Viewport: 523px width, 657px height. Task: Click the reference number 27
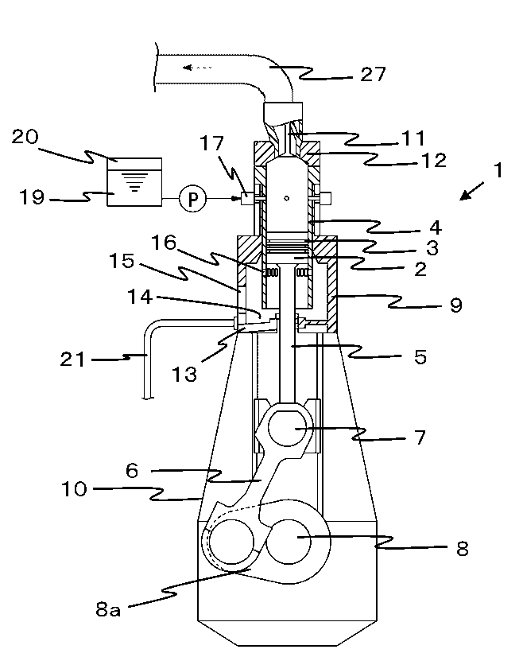pos(373,74)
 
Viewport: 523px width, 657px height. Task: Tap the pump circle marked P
pos(192,199)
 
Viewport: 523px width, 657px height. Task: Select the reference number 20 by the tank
pos(25,137)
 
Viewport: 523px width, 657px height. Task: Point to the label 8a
pos(108,609)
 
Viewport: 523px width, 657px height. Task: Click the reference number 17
pos(211,143)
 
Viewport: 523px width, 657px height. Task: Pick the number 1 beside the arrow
pos(498,170)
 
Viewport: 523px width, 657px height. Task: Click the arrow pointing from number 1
pos(471,191)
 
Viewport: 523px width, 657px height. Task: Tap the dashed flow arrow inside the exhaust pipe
pos(197,68)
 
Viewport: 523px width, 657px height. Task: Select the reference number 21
pos(72,360)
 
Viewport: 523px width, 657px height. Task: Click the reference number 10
pos(74,489)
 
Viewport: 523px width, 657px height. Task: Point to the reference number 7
pos(419,437)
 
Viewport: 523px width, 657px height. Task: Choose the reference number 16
pos(164,242)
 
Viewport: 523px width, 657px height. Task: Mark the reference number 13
pos(184,374)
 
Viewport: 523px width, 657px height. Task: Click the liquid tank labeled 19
pos(134,182)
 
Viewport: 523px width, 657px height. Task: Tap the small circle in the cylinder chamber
pos(286,198)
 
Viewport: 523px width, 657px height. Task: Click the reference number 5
pos(420,357)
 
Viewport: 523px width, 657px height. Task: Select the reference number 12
pos(434,161)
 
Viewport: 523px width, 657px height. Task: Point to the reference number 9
pos(456,305)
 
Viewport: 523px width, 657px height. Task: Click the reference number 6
pos(132,471)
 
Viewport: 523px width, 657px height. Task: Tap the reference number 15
pos(122,261)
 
